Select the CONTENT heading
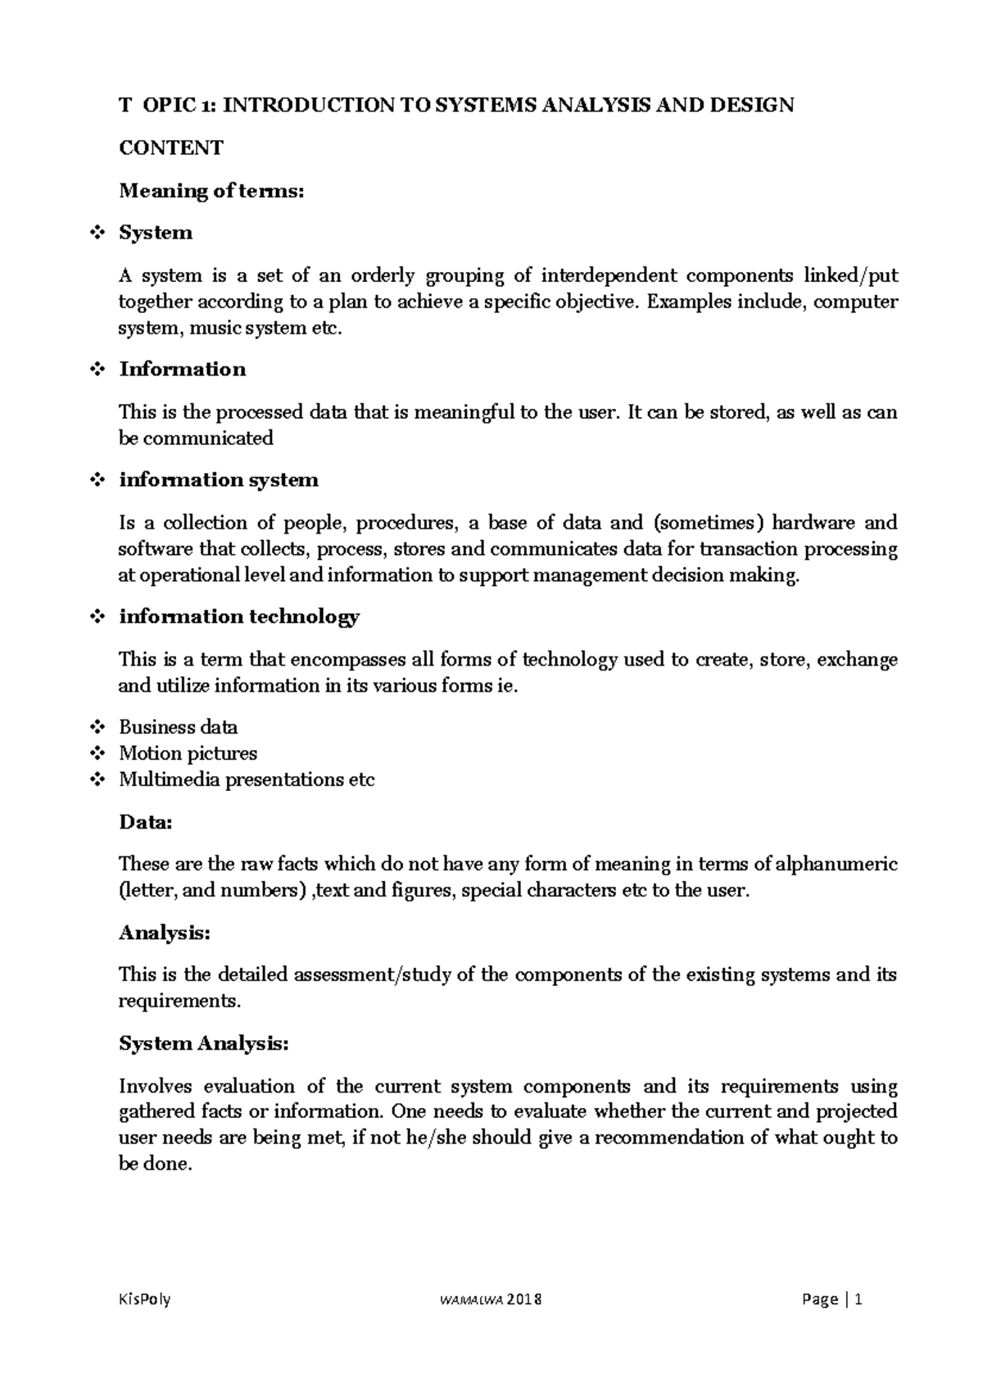(x=170, y=148)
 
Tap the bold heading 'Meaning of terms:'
(x=211, y=191)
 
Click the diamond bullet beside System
(x=97, y=233)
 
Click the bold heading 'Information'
(x=182, y=369)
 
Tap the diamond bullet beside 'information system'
(x=97, y=480)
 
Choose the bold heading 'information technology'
(x=239, y=616)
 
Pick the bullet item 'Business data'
(x=179, y=727)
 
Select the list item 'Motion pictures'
(x=188, y=753)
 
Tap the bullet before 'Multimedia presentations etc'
(x=97, y=779)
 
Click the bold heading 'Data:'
(x=146, y=822)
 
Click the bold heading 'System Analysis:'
(x=203, y=1043)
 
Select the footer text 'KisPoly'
(x=144, y=1299)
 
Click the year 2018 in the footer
(x=524, y=1299)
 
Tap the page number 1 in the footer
(x=858, y=1299)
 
